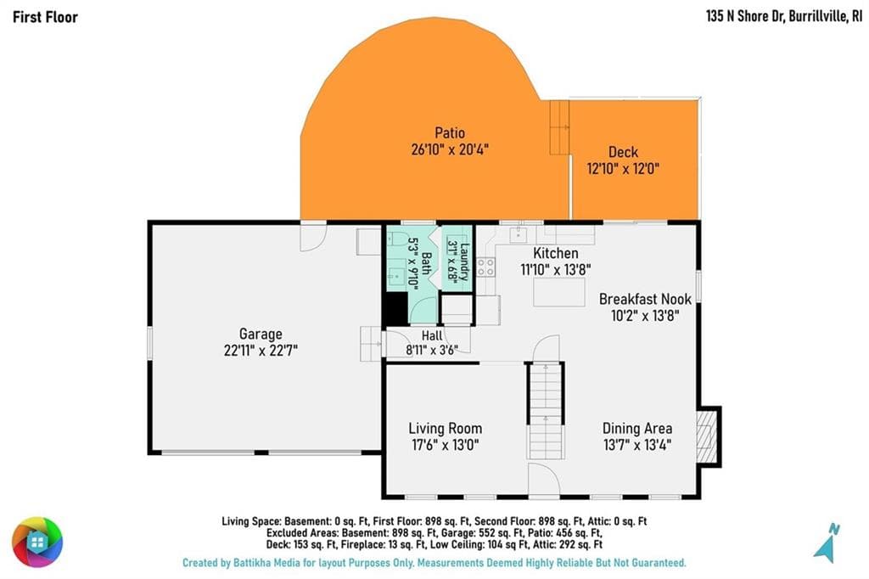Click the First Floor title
point(45,17)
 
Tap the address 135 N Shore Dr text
point(745,16)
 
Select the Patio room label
point(450,133)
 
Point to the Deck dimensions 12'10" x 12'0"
point(623,169)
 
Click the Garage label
point(261,334)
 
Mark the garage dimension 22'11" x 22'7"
point(261,351)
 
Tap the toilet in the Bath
point(397,238)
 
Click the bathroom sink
point(397,275)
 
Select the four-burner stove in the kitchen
point(486,267)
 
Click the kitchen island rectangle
point(558,292)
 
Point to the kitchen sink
point(519,234)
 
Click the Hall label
point(432,335)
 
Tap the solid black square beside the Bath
point(396,308)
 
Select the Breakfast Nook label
point(645,300)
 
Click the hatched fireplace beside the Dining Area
point(705,437)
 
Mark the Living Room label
point(445,429)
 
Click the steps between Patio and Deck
point(559,127)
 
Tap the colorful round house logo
point(37,542)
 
